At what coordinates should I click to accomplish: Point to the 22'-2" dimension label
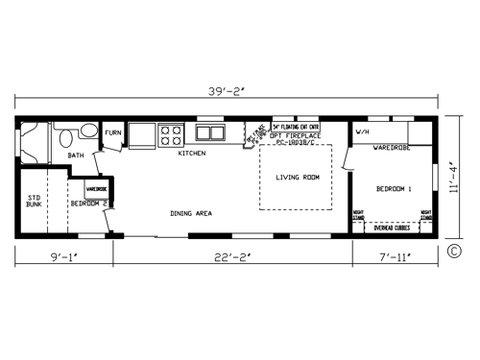coord(232,257)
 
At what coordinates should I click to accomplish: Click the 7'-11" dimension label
coord(394,257)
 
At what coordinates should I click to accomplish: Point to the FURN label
coord(113,132)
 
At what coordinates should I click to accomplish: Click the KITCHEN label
coord(192,153)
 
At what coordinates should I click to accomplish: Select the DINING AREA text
coord(191,213)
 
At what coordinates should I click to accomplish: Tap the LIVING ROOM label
coord(298,178)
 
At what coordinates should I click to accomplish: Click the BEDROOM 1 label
coord(394,189)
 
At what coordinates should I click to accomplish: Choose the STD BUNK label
coord(34,202)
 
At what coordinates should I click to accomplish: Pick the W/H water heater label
coord(364,131)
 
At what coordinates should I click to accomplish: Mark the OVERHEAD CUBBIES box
coord(390,228)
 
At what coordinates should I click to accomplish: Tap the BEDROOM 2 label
coord(91,204)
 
